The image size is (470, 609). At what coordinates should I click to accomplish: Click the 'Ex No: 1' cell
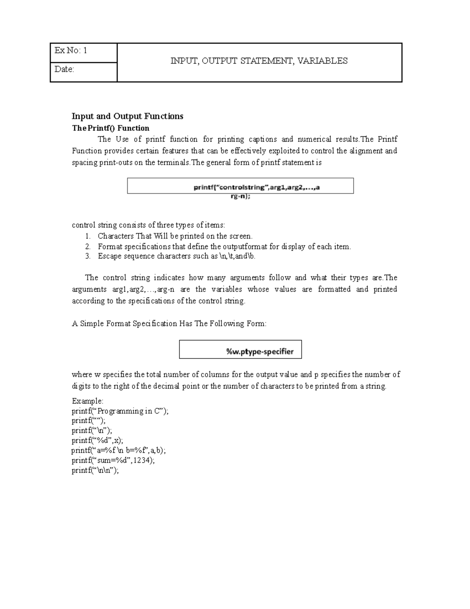coord(83,53)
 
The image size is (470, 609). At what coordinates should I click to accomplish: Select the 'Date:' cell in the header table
coord(83,72)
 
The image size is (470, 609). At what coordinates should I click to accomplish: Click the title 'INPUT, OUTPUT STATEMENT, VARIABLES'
coord(259,61)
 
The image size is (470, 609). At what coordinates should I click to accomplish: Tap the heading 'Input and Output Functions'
coord(127,116)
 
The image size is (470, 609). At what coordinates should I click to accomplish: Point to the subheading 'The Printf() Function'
coord(110,128)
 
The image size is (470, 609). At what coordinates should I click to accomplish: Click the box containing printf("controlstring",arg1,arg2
coord(240,186)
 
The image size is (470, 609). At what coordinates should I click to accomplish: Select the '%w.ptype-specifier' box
coord(240,349)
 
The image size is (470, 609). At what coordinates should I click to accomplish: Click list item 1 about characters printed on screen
coord(175,236)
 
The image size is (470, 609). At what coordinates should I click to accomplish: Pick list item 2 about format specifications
coord(224,247)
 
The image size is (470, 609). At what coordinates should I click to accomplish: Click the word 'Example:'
coord(87,401)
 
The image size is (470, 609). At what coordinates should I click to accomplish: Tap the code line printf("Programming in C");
coord(120,411)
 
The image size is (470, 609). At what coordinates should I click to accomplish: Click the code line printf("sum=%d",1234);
coord(113,460)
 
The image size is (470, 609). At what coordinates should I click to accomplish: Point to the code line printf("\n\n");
coord(95,471)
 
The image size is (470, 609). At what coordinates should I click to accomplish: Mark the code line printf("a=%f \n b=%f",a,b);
coord(121,451)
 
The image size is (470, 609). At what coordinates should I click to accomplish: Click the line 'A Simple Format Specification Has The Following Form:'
coord(169,324)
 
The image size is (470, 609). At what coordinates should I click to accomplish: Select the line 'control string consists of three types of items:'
coord(148,225)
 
